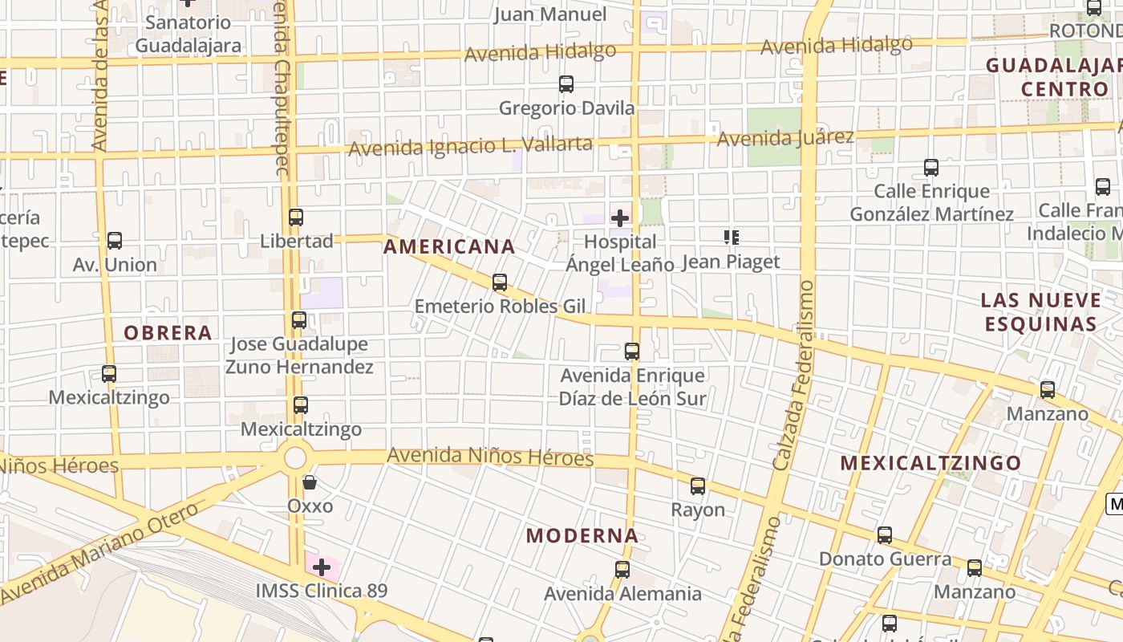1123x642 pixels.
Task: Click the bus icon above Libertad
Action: pyautogui.click(x=296, y=217)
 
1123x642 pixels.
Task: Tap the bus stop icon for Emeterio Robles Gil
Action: pyautogui.click(x=500, y=282)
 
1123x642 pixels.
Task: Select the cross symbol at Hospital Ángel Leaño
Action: pyautogui.click(x=620, y=217)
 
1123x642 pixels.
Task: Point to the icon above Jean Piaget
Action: pyautogui.click(x=731, y=238)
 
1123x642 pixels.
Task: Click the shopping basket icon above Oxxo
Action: pyautogui.click(x=310, y=482)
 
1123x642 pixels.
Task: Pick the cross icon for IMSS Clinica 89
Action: pyautogui.click(x=322, y=568)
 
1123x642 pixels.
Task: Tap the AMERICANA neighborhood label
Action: pyautogui.click(x=449, y=247)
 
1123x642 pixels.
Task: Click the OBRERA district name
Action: pyautogui.click(x=168, y=333)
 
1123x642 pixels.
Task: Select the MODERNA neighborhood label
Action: pyautogui.click(x=582, y=536)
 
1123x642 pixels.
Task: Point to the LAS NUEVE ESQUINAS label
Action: pyautogui.click(x=1041, y=312)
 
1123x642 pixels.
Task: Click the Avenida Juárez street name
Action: pyautogui.click(x=785, y=138)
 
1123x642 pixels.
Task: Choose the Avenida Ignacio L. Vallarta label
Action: pyautogui.click(x=471, y=147)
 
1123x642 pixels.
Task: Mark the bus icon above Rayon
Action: pyautogui.click(x=698, y=486)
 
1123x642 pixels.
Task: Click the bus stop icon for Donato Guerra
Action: pyautogui.click(x=885, y=535)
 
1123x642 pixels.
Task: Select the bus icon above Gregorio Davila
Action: pyautogui.click(x=566, y=84)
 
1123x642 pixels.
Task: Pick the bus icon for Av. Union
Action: pyautogui.click(x=115, y=241)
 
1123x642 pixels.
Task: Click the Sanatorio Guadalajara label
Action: pyautogui.click(x=189, y=34)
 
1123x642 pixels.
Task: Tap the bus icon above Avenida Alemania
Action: pyautogui.click(x=622, y=571)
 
